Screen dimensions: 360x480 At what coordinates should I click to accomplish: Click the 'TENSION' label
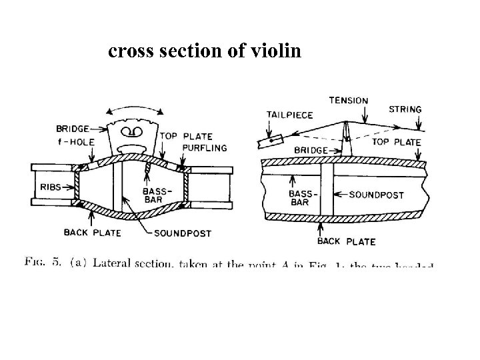point(347,101)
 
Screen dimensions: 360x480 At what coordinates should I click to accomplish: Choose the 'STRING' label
point(404,109)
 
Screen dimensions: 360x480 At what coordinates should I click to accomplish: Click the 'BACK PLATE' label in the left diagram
point(92,233)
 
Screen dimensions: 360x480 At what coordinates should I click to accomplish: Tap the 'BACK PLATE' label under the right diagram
point(347,241)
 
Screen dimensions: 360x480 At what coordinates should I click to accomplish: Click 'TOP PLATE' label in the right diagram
point(396,142)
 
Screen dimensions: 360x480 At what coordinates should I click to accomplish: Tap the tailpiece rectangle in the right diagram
point(269,141)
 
